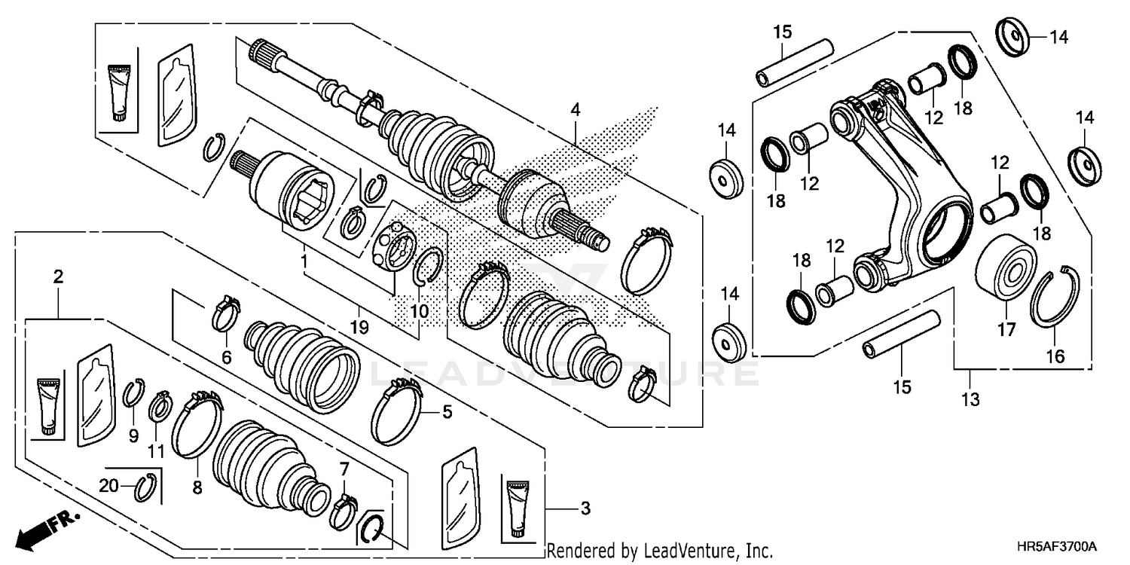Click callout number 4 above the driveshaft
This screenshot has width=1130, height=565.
pyautogui.click(x=576, y=109)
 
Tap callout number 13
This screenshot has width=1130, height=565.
pyautogui.click(x=970, y=400)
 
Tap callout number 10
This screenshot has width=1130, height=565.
pyautogui.click(x=420, y=310)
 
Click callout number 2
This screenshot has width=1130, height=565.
pyautogui.click(x=58, y=277)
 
